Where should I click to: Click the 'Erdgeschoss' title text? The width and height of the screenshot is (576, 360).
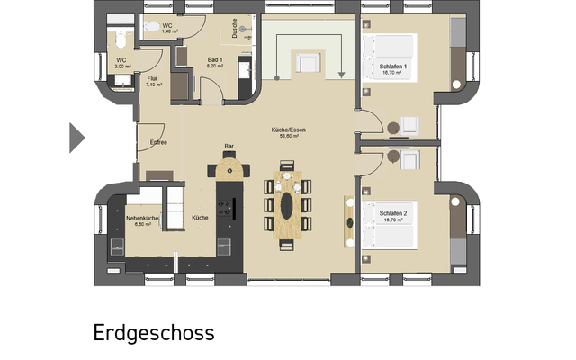154,332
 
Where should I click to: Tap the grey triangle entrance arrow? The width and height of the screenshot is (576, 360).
76,138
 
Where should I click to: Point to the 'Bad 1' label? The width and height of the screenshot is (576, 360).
214,59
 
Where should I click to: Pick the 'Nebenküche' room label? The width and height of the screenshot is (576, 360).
142,218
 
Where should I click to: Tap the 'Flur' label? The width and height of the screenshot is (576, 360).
153,78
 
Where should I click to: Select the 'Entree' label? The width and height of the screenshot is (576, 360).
158,142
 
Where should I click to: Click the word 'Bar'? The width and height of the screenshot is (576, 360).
229,147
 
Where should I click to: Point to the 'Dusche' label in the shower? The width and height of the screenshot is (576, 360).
235,29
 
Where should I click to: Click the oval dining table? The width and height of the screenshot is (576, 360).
288,205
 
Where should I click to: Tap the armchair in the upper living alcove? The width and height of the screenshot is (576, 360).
309,62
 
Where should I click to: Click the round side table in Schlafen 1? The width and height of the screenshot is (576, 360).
392,128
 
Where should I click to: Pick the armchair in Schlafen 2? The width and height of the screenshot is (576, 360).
409,160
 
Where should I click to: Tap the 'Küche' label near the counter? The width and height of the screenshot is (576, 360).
200,218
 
